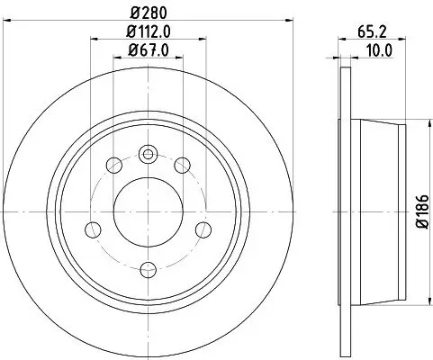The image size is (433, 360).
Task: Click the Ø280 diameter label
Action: [148, 12]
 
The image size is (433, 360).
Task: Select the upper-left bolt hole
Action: [113, 165]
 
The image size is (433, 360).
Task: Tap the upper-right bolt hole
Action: [182, 165]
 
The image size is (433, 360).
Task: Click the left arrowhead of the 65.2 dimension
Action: [339, 38]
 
